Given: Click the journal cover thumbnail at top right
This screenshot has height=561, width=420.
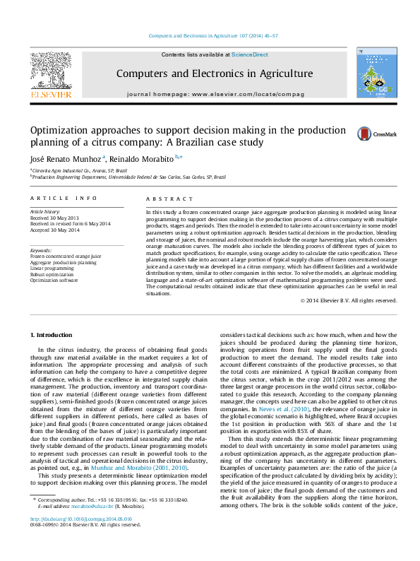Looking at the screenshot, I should click(x=376, y=76).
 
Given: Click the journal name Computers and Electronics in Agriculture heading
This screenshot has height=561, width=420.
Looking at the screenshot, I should click(x=214, y=73).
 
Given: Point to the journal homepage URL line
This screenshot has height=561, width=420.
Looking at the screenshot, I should click(x=215, y=94).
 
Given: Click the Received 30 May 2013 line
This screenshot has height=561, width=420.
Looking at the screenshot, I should click(x=54, y=218).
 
